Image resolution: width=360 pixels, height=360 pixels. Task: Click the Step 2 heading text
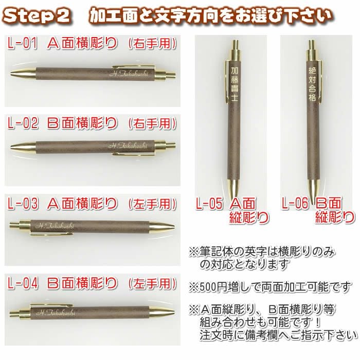click(37, 15)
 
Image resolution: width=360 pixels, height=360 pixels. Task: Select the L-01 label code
click(22, 43)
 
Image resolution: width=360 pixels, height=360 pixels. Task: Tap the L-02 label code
click(23, 123)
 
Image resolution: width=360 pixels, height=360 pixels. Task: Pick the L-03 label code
click(23, 203)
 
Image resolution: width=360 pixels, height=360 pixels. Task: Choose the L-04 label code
click(23, 283)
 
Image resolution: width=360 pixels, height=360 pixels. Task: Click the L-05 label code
click(209, 203)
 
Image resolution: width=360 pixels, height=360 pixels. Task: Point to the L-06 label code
click(295, 203)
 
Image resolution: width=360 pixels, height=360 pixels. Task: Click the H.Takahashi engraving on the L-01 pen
click(129, 74)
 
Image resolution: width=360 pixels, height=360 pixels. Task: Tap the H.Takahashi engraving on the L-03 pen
click(55, 226)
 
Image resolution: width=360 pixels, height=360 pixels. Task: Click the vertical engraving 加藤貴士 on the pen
click(235, 84)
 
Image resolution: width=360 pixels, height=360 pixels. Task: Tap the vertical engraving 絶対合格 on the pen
click(312, 84)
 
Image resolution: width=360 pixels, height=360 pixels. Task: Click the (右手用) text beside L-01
click(152, 43)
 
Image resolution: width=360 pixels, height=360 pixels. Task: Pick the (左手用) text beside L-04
click(152, 283)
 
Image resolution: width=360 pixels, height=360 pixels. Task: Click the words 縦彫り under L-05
click(249, 217)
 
